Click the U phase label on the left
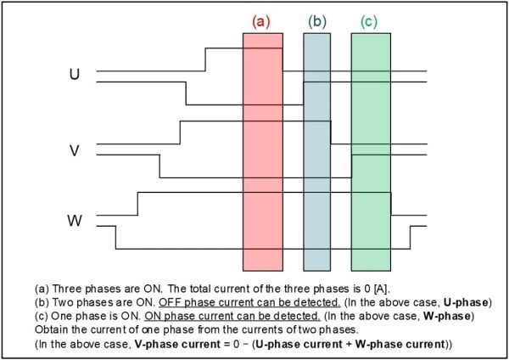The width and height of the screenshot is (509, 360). point(75,74)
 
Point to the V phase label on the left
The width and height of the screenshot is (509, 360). point(75,150)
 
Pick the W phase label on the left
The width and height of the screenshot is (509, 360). point(75,222)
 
